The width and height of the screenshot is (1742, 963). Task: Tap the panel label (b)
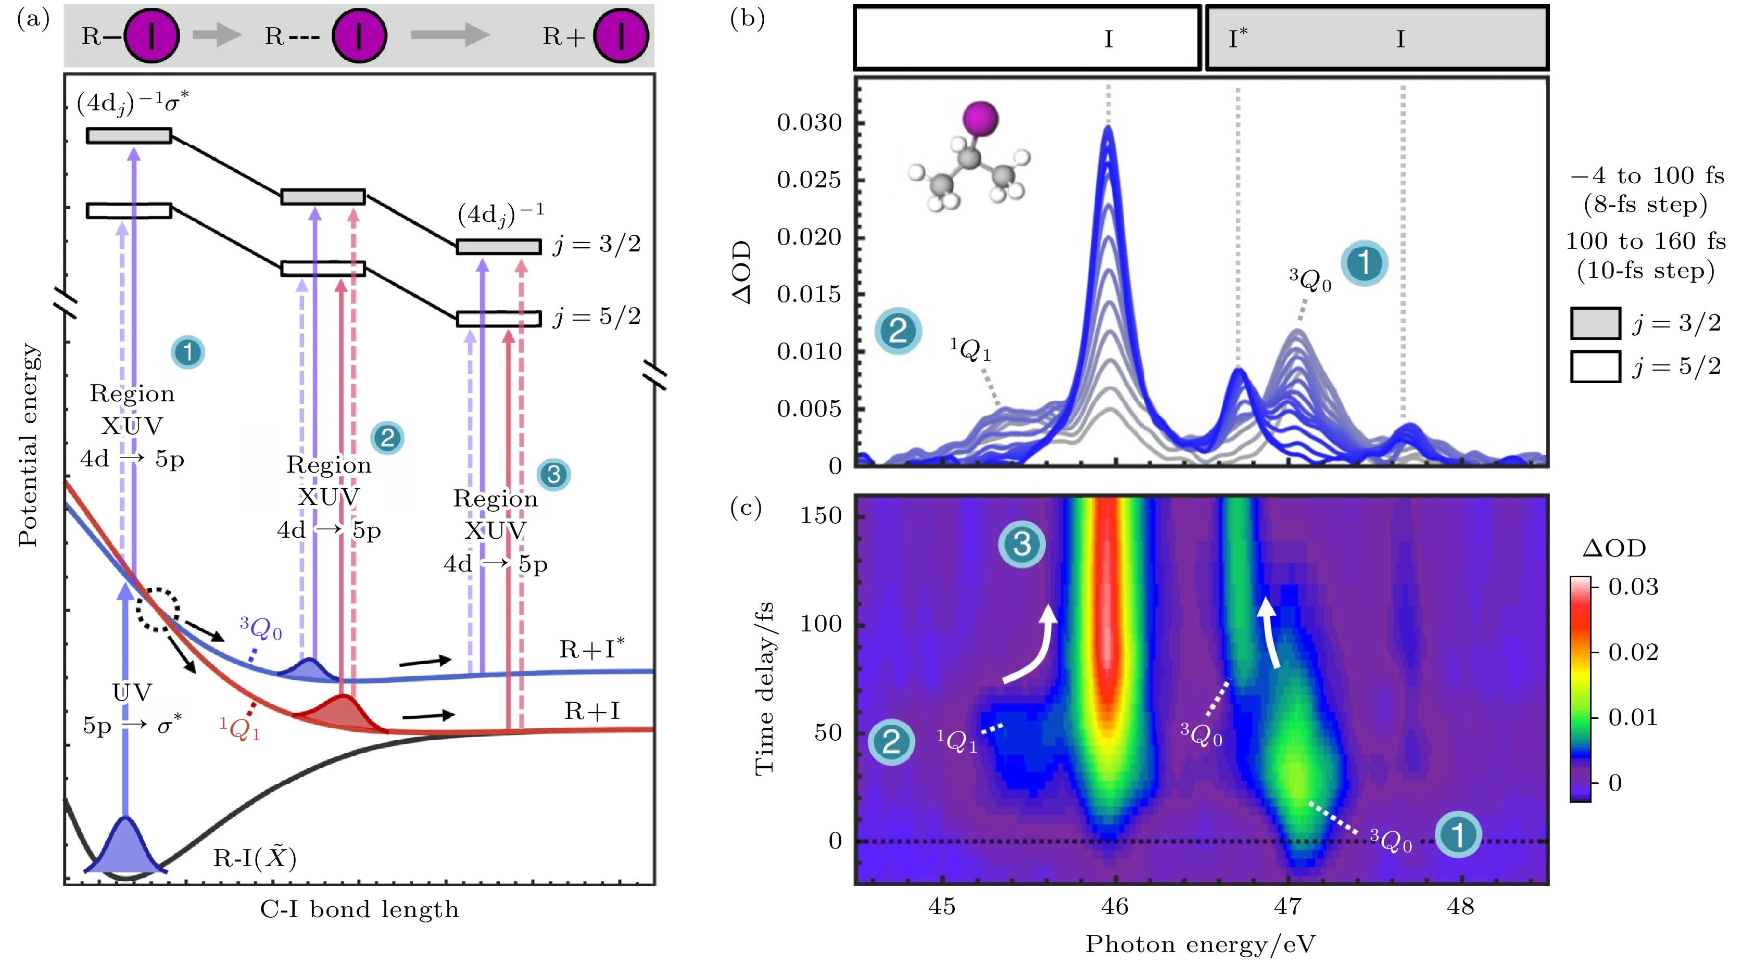pos(747,18)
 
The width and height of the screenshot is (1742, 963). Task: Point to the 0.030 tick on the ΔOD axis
pos(810,123)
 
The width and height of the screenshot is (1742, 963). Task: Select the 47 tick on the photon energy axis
pos(1288,906)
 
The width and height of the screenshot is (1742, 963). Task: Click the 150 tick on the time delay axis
pos(821,516)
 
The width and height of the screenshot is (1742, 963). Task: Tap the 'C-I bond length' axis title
pos(359,909)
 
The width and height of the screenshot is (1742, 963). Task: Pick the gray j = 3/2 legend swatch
pos(1595,323)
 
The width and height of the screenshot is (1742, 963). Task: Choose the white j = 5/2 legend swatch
pos(1595,366)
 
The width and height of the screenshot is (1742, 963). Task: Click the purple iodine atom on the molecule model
pos(980,118)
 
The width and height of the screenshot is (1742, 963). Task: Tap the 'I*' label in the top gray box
pos(1238,38)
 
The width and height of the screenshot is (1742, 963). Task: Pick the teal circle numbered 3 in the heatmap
pos(1021,544)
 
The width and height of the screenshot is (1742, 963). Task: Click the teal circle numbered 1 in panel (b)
pos(1364,263)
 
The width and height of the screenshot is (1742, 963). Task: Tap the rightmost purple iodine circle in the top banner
pos(621,36)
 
